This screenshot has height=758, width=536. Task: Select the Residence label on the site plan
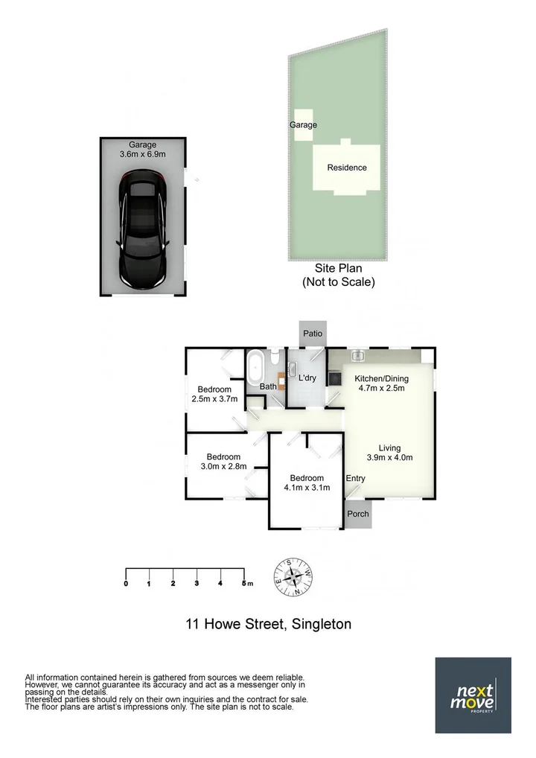click(x=347, y=168)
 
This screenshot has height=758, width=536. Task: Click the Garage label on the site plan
click(x=303, y=125)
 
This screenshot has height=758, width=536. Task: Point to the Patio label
click(x=313, y=333)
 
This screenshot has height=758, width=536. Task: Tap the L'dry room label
click(x=307, y=378)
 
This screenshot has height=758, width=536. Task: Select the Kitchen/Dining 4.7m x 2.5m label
click(x=381, y=383)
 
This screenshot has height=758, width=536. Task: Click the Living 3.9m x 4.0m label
click(x=389, y=453)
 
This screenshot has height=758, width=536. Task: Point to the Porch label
click(x=358, y=513)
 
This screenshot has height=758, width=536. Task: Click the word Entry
click(x=356, y=478)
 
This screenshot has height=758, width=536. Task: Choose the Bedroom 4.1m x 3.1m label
click(x=307, y=482)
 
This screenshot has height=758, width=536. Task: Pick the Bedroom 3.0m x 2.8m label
click(x=223, y=462)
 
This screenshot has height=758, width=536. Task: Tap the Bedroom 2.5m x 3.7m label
click(x=214, y=394)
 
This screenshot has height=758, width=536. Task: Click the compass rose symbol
click(x=296, y=577)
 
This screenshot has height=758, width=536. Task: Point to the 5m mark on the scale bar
click(x=245, y=583)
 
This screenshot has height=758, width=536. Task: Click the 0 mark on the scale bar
click(x=126, y=583)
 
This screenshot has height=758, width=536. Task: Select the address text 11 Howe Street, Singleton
click(x=268, y=624)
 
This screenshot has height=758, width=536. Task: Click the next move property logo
click(x=473, y=695)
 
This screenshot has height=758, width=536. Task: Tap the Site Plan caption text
click(x=338, y=276)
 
